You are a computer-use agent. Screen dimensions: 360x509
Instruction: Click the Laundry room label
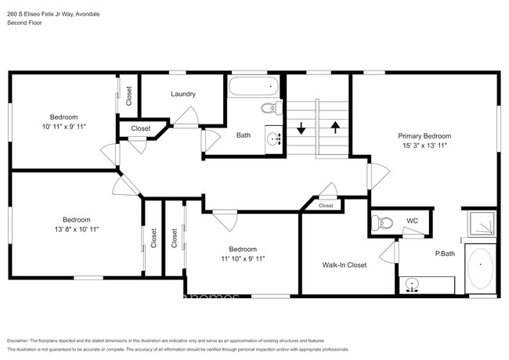[x=183, y=94]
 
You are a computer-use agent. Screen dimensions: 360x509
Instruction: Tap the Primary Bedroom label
[x=424, y=135]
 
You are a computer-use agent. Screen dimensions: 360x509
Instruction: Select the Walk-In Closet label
[x=345, y=265]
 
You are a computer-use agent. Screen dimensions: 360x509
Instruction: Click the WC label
[x=412, y=221]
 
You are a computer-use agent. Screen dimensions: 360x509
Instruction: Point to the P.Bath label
[x=446, y=254]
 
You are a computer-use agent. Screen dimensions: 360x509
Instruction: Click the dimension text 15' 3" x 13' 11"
[x=424, y=146]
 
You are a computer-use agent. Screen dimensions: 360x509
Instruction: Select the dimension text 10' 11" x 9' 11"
[x=64, y=126]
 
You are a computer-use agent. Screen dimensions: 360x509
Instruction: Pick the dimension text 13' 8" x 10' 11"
[x=76, y=229]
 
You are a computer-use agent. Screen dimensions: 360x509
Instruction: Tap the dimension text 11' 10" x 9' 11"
[x=242, y=259]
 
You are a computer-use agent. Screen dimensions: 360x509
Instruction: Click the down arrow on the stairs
[x=301, y=127]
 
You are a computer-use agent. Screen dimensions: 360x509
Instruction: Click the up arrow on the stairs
[x=335, y=127]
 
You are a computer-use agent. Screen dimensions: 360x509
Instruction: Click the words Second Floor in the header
[x=24, y=23]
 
